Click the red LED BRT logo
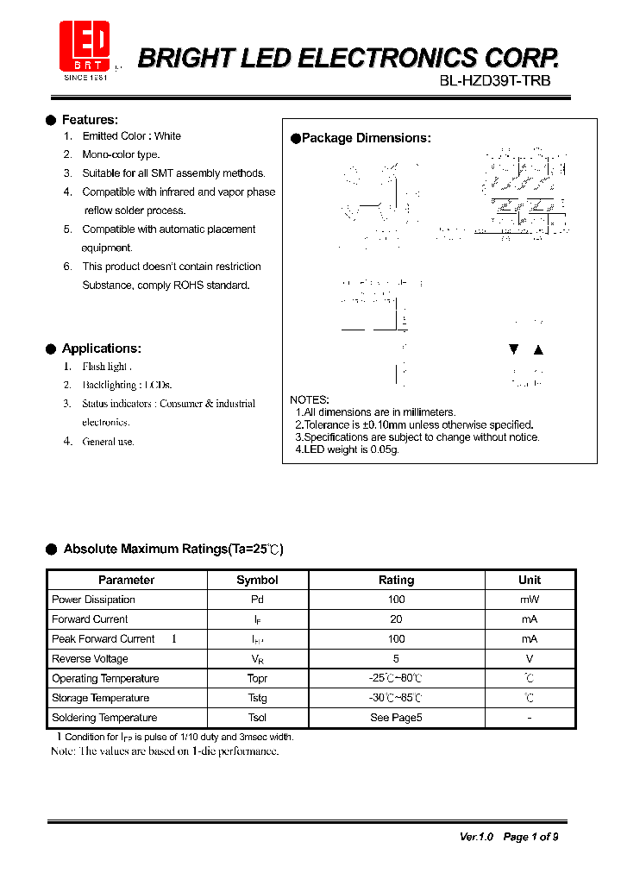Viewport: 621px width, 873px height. click(84, 48)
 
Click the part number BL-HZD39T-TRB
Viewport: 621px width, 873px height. click(494, 81)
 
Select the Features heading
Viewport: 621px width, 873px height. click(90, 120)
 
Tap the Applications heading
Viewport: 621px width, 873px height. click(101, 349)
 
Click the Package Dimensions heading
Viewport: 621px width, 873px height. click(366, 138)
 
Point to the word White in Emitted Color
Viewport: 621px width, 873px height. click(167, 136)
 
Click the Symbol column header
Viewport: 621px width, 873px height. click(257, 581)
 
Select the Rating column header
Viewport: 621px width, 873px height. click(396, 581)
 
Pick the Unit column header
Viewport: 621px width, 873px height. click(529, 581)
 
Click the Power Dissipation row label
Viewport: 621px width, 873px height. click(93, 600)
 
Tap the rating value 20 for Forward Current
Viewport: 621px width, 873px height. click(396, 619)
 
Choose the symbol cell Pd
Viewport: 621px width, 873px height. click(257, 600)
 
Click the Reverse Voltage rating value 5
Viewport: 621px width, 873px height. click(396, 659)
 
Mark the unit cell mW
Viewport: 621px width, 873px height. click(529, 600)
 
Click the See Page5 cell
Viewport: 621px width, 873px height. click(396, 718)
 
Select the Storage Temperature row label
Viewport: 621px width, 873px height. click(100, 698)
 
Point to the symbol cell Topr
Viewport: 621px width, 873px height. click(257, 679)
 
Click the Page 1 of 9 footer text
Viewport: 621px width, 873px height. click(530, 837)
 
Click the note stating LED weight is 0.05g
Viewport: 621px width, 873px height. click(347, 449)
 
